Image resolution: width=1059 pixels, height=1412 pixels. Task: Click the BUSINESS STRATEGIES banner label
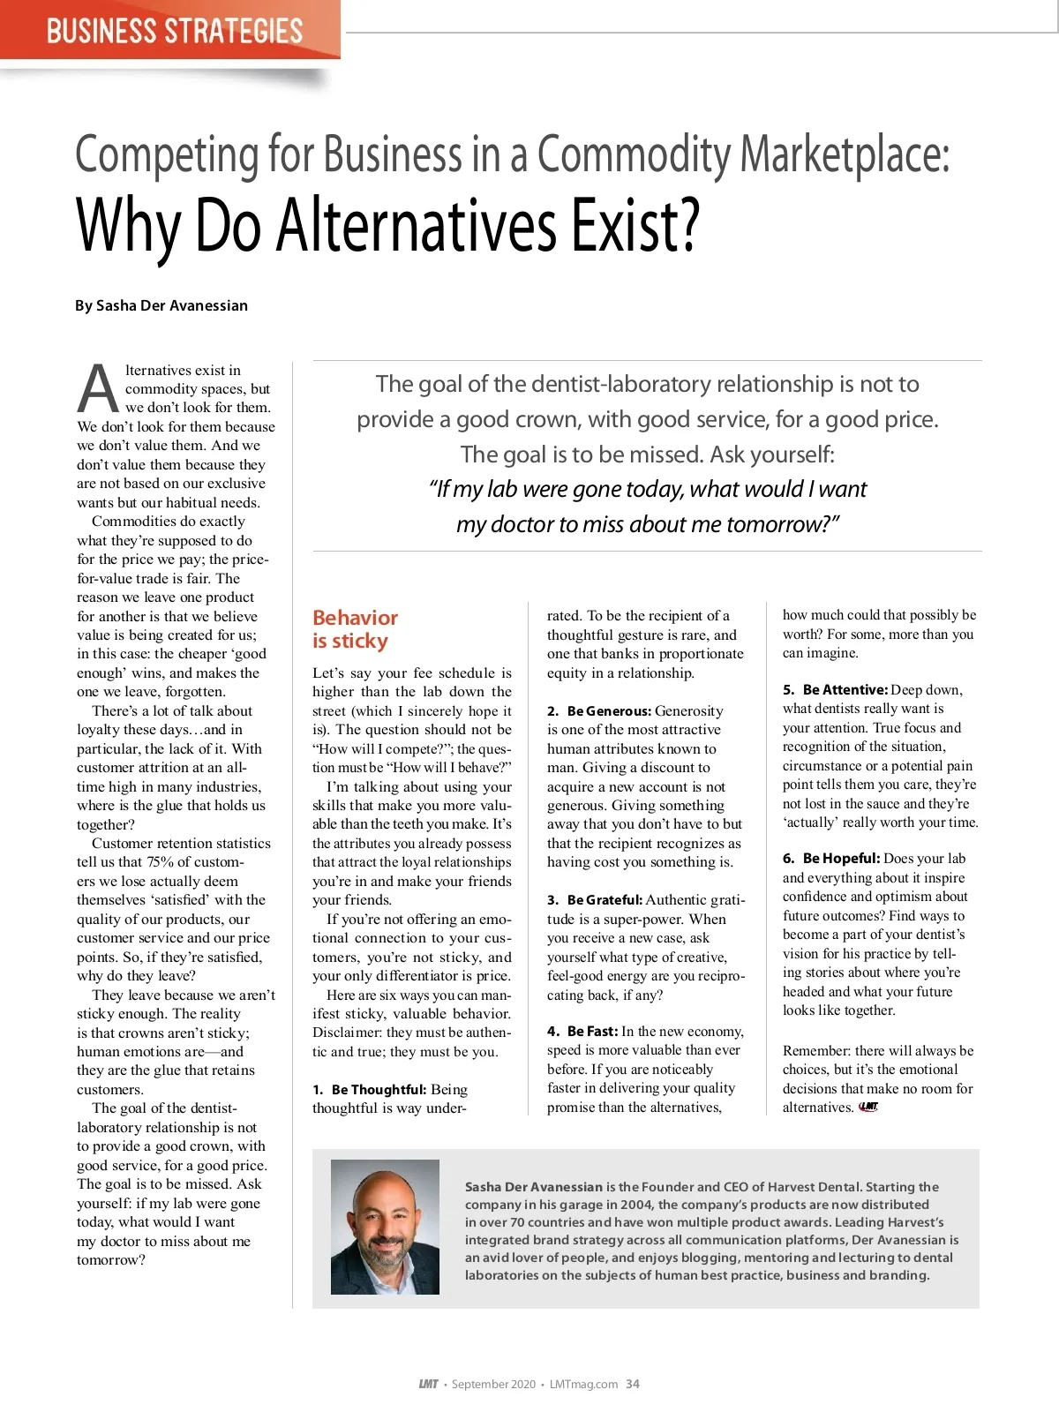[x=174, y=31]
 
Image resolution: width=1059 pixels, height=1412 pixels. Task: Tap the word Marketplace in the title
[x=845, y=154]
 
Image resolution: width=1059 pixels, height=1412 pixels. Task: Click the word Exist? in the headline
[x=635, y=226]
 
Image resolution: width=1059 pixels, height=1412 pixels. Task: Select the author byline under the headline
[x=161, y=305]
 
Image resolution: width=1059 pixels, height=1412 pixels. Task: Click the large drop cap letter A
[x=98, y=388]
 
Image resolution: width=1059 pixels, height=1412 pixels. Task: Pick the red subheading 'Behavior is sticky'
[x=355, y=629]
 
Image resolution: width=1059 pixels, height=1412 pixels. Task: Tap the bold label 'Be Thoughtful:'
[x=379, y=1090]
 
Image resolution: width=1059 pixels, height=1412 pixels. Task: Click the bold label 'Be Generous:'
[x=609, y=711]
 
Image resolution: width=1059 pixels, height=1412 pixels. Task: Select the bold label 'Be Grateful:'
[x=605, y=900]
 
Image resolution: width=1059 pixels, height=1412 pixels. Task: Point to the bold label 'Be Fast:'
[x=592, y=1032]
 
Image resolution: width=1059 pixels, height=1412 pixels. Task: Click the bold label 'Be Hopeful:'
[x=841, y=859]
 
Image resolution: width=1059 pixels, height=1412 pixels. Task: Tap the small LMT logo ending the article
[x=868, y=1107]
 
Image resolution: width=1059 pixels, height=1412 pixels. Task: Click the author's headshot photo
[x=385, y=1227]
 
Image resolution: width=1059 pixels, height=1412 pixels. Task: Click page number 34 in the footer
[x=633, y=1384]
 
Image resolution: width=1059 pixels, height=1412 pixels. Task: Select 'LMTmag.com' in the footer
[x=583, y=1384]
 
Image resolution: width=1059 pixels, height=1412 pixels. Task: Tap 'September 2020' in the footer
[x=493, y=1384]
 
